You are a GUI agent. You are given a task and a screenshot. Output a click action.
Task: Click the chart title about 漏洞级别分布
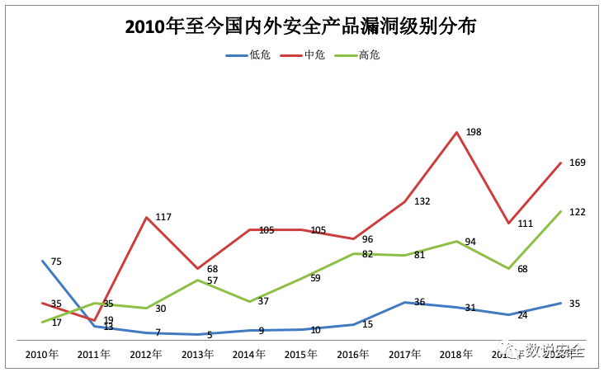[301, 27]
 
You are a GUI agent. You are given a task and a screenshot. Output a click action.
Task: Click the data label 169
[577, 163]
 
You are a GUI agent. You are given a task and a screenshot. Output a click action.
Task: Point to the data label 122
[577, 212]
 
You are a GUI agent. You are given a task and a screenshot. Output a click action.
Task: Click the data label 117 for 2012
[163, 217]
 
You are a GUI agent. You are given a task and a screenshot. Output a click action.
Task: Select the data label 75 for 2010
[56, 262]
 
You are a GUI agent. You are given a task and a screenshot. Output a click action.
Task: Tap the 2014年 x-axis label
[249, 355]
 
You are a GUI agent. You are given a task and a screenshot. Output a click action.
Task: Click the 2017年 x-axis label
[404, 355]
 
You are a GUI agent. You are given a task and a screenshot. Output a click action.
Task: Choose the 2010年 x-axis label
[42, 355]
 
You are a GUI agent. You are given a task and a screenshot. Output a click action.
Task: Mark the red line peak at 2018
[456, 131]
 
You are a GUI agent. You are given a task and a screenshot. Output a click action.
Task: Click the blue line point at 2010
[42, 261]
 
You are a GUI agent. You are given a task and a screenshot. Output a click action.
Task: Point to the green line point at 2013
[198, 280]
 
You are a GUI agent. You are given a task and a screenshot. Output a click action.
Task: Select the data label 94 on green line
[470, 242]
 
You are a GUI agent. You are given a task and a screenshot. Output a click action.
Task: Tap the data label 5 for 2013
[210, 335]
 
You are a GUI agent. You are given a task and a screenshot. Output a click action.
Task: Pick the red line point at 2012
[146, 218]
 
